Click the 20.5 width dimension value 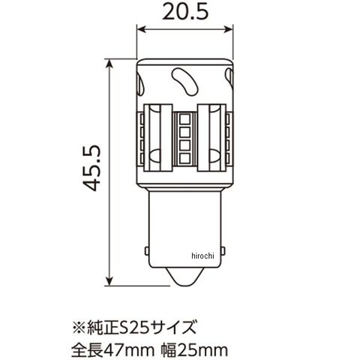[x=185, y=12]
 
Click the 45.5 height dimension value [x=91, y=168]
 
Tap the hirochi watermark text [x=202, y=256]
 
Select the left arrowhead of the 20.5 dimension [x=142, y=29]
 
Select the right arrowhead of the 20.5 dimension [x=229, y=29]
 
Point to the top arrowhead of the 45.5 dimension [x=109, y=64]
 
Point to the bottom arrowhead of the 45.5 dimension [x=109, y=280]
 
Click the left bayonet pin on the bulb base [x=147, y=251]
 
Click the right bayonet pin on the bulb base [x=223, y=251]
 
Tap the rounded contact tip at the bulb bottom [x=185, y=277]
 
